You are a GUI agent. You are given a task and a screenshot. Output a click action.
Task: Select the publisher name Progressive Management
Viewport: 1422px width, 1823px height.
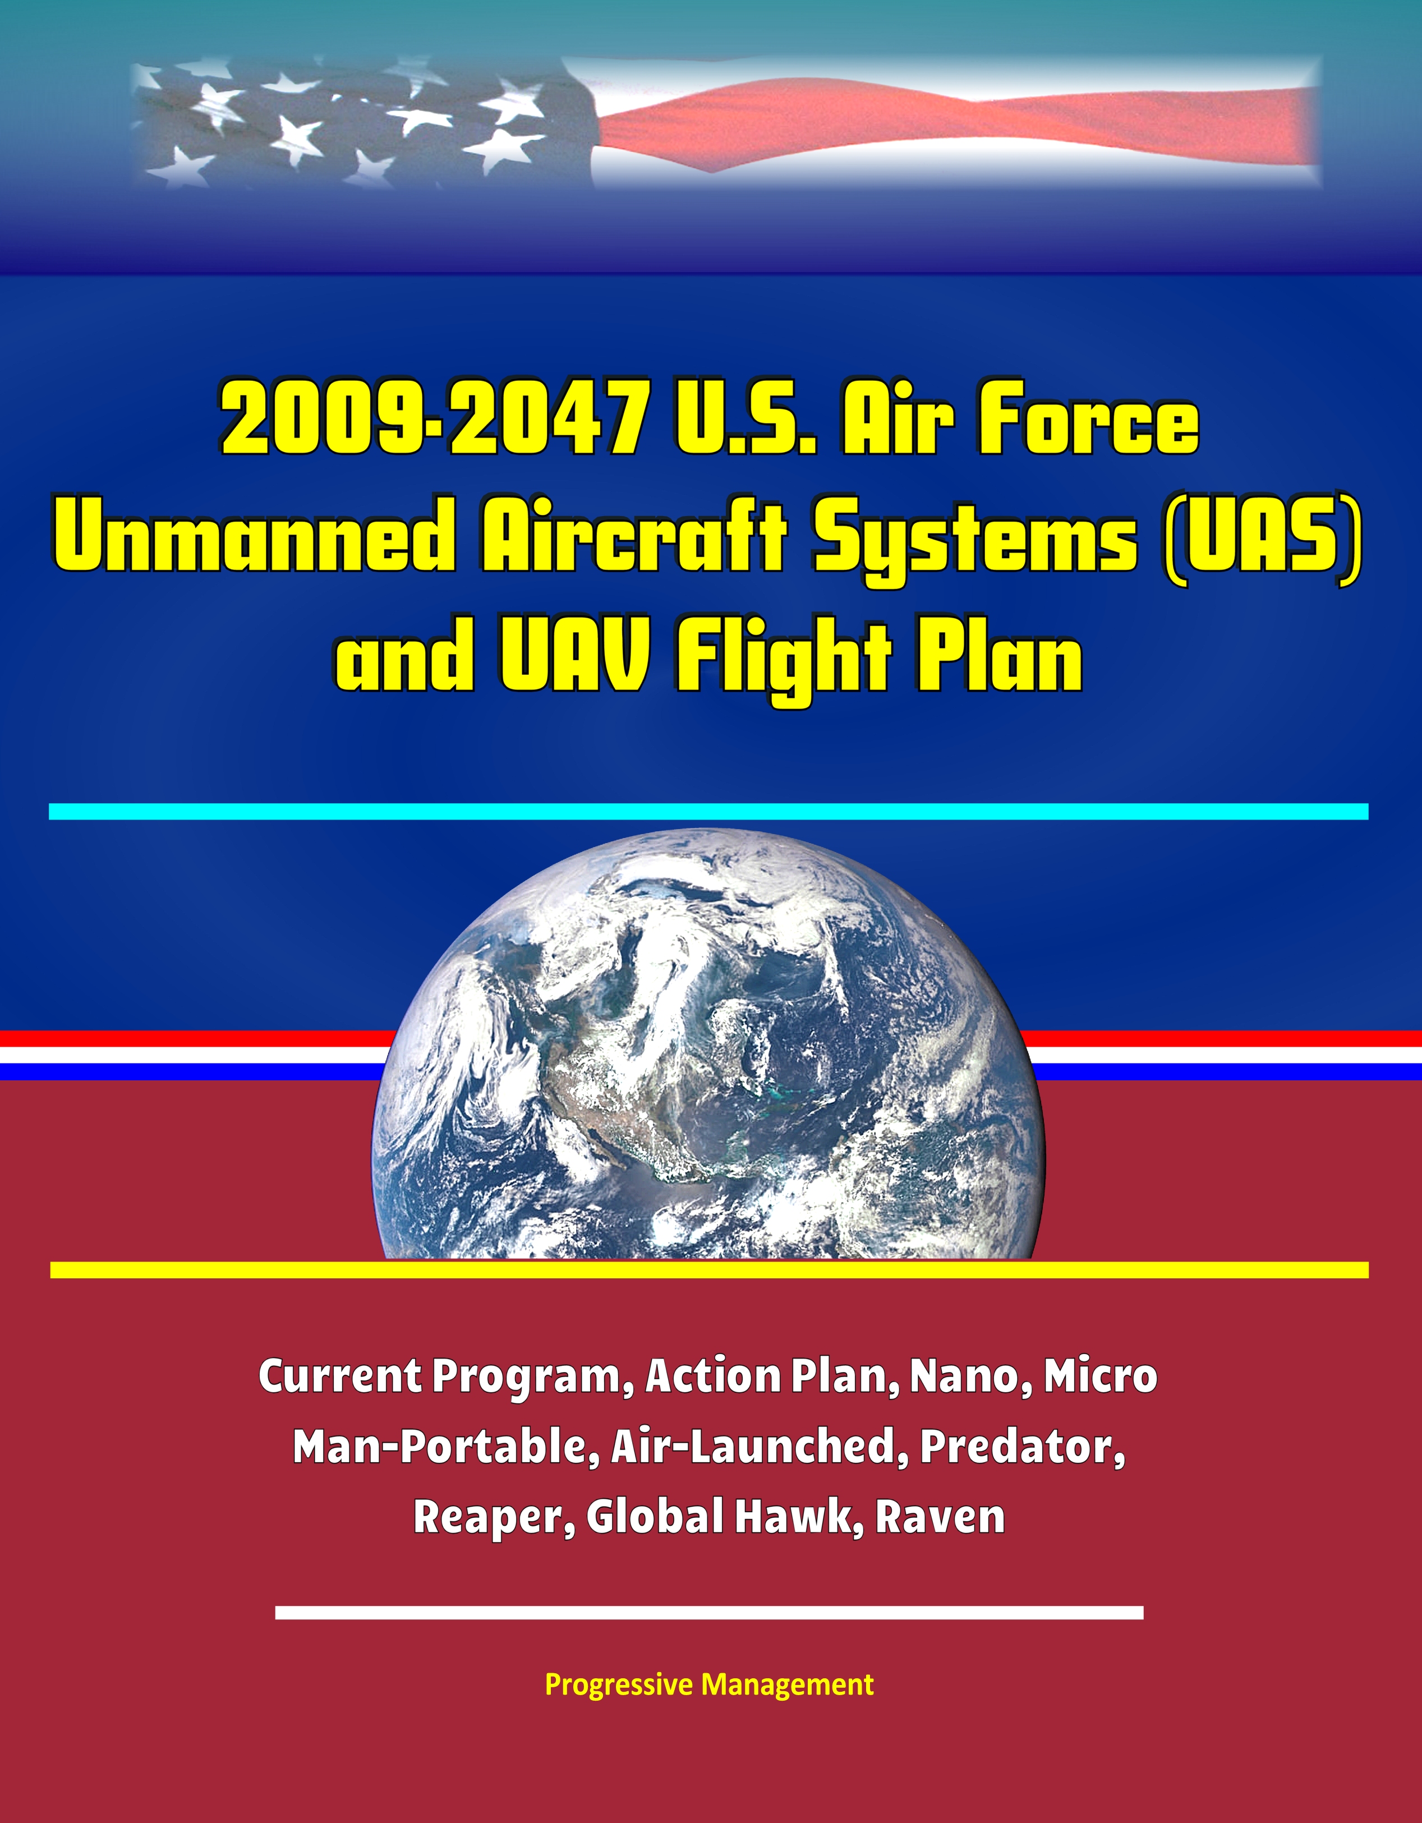click(710, 1661)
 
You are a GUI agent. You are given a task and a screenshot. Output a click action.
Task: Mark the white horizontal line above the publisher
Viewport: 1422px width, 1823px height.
click(710, 1612)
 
